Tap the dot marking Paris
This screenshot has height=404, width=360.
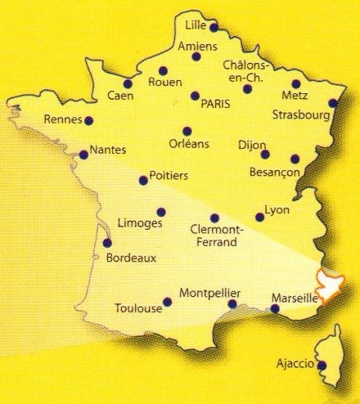click(195, 96)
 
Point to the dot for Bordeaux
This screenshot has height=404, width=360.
click(107, 243)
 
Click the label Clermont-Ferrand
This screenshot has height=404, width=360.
click(213, 236)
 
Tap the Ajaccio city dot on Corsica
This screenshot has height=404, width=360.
click(322, 366)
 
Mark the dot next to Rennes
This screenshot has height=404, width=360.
click(88, 120)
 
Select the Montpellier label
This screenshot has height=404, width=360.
click(209, 292)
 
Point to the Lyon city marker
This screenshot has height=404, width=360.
click(260, 217)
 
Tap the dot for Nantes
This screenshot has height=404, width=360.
click(83, 154)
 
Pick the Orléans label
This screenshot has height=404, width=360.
click(187, 145)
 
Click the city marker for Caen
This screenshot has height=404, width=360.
click(128, 83)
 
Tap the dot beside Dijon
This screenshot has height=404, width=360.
click(265, 154)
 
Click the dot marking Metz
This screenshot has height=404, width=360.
click(295, 83)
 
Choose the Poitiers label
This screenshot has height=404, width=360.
click(169, 176)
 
